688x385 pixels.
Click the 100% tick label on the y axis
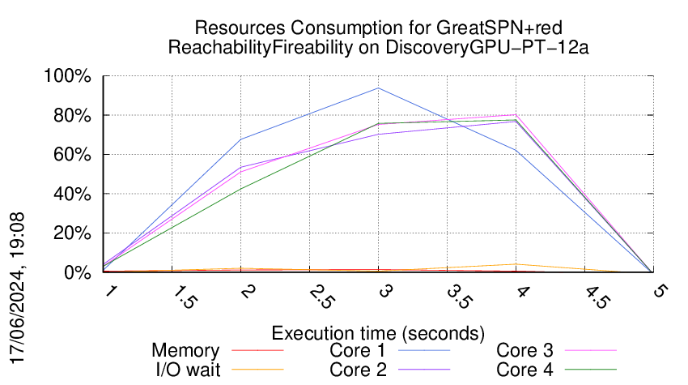[x=70, y=77]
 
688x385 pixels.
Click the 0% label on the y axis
[x=79, y=273]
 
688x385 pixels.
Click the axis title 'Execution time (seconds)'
[x=378, y=333]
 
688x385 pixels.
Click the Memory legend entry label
[x=185, y=351]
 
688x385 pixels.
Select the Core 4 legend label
[x=524, y=370]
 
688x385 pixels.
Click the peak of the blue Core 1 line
[x=378, y=88]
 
